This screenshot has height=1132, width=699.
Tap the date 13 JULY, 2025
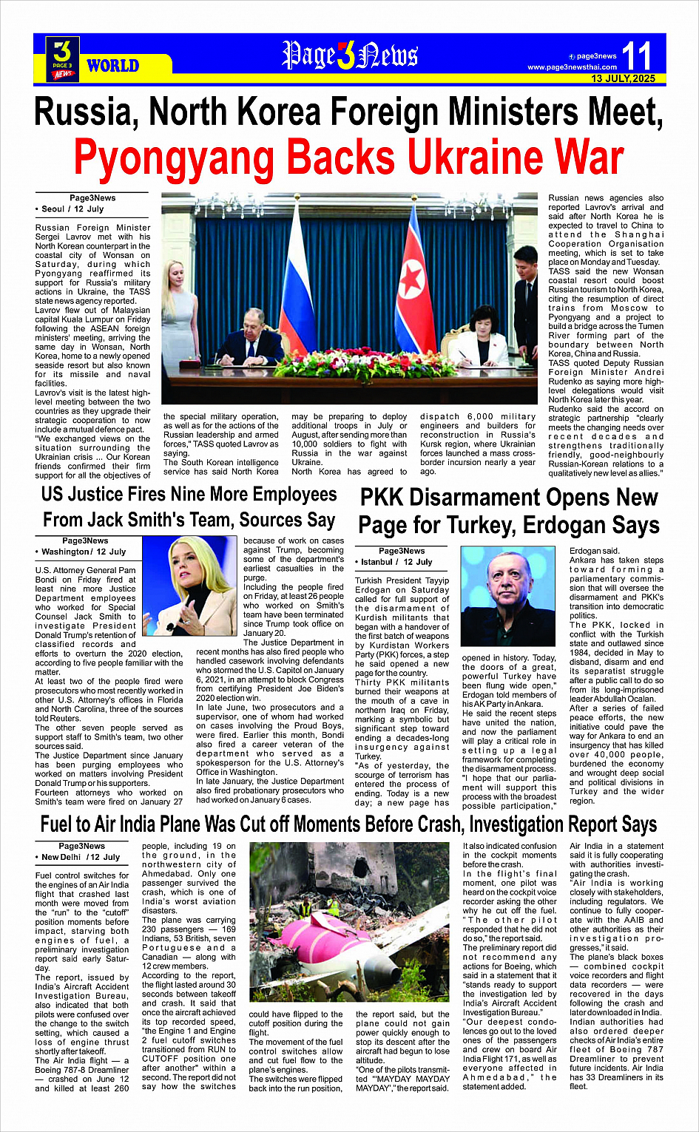623,78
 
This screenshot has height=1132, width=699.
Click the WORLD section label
112,66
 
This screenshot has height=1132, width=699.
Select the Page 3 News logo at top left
63,58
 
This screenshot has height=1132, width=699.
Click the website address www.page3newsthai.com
572,67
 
